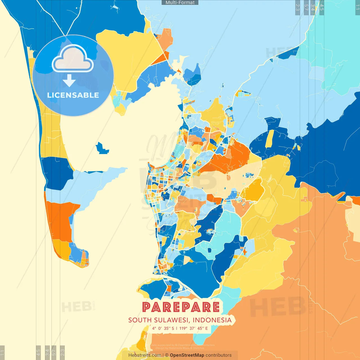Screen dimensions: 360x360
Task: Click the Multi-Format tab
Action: click(x=180, y=3)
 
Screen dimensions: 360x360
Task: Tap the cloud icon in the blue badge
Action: click(x=73, y=58)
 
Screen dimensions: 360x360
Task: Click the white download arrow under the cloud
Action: click(x=69, y=80)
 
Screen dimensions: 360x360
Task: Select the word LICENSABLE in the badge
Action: click(x=73, y=95)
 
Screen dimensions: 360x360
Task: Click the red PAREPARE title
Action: click(x=181, y=307)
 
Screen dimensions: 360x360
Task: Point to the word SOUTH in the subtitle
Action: click(x=140, y=320)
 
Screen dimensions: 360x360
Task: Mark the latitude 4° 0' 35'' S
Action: click(x=163, y=328)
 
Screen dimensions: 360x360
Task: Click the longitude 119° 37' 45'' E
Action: click(x=194, y=328)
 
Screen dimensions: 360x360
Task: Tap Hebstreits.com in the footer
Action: click(x=145, y=355)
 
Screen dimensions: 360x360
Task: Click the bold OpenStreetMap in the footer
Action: click(x=187, y=355)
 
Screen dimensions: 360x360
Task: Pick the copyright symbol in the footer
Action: click(x=167, y=355)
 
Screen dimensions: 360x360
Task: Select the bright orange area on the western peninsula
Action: click(x=60, y=221)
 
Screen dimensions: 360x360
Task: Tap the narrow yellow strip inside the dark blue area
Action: click(x=270, y=139)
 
